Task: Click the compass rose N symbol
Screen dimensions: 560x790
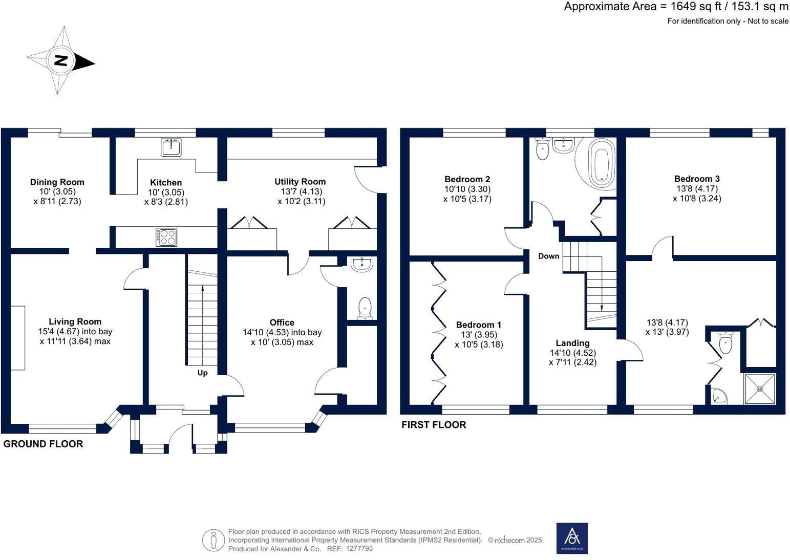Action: (x=61, y=61)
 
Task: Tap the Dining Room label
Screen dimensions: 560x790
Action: (x=57, y=182)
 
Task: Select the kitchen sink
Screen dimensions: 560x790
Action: (x=171, y=147)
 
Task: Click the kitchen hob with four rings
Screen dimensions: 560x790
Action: (x=166, y=237)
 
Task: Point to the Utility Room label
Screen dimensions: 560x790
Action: (x=300, y=182)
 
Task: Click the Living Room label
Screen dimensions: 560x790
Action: (x=75, y=321)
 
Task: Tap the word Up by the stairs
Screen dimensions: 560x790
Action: (x=203, y=373)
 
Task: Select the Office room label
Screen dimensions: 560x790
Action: (x=282, y=322)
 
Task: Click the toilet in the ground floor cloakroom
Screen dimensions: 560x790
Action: (x=365, y=308)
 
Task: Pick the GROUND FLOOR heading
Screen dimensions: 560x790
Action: (x=43, y=444)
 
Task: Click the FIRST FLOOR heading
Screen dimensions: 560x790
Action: (x=434, y=425)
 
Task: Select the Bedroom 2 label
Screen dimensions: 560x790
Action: (x=467, y=179)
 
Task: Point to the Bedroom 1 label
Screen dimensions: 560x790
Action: (x=479, y=325)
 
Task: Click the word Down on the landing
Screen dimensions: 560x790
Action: (x=548, y=256)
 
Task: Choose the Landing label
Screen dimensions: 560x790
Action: (x=572, y=343)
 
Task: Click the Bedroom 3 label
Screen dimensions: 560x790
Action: (x=696, y=179)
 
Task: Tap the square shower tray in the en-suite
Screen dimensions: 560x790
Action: (x=760, y=389)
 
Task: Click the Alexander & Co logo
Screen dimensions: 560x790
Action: (x=572, y=538)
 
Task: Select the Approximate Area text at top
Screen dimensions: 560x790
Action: (x=676, y=7)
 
